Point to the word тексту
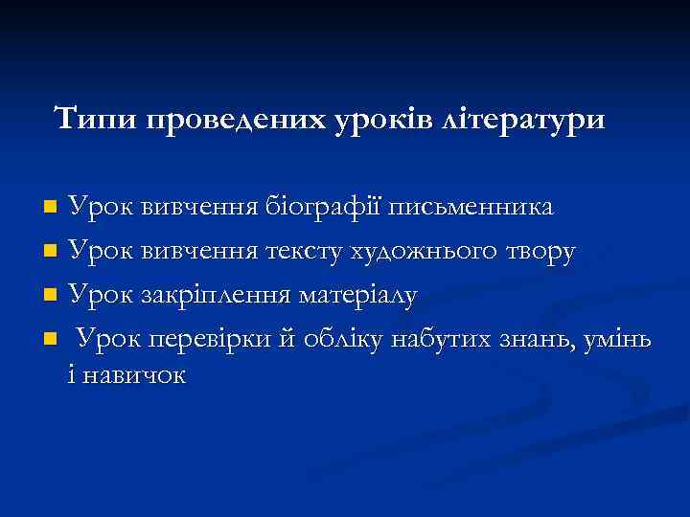[x=306, y=252]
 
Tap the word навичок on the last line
[x=134, y=374]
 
